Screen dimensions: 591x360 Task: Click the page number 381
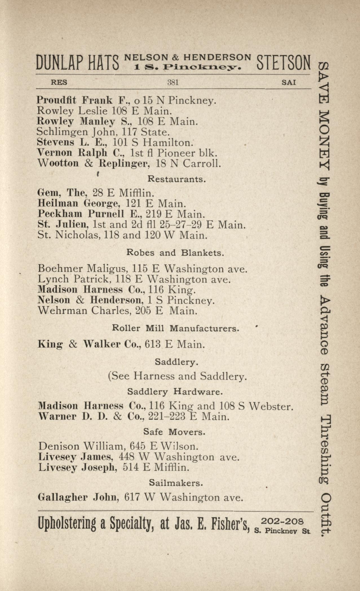click(x=173, y=83)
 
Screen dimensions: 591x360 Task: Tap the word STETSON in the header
click(x=283, y=63)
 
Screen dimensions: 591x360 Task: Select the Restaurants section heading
click(x=176, y=179)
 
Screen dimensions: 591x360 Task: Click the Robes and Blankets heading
click(x=175, y=253)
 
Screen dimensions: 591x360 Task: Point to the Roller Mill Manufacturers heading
click(x=176, y=328)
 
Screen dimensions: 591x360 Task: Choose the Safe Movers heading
click(x=174, y=432)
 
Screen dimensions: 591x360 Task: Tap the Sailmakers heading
click(x=176, y=483)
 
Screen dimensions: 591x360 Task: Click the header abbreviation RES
click(x=59, y=83)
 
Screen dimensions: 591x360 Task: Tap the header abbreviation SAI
click(x=289, y=83)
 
